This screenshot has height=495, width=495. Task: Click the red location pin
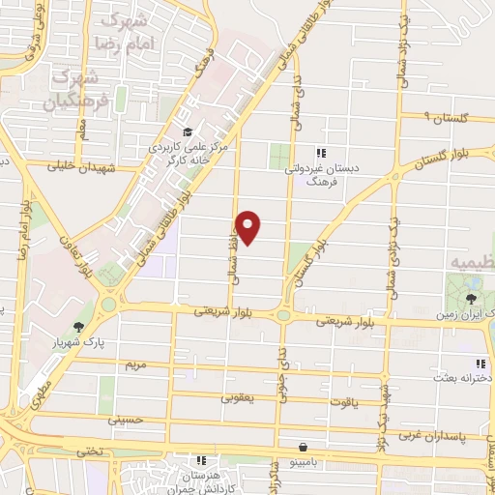tap(248, 226)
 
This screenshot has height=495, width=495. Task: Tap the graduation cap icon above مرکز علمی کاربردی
tap(187, 132)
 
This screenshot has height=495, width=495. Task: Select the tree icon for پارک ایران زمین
tap(471, 299)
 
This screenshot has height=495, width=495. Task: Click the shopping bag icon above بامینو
tap(305, 448)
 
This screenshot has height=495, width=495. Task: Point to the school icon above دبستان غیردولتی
tap(321, 152)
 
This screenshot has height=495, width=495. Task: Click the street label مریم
tap(135, 365)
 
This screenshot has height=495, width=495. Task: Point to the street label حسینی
tap(125, 421)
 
